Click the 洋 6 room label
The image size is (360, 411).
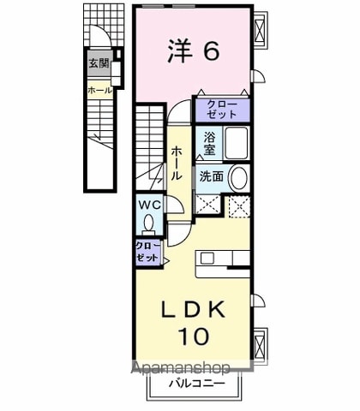point(194,51)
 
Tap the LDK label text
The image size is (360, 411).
point(194,310)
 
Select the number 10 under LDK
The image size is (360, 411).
point(194,336)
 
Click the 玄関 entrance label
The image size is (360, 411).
point(99,63)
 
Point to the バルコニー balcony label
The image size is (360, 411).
point(196,384)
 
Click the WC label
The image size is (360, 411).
point(149,205)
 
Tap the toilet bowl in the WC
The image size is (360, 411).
point(148,224)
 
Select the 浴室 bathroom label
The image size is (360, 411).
point(209,144)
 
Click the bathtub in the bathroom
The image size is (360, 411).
point(236,143)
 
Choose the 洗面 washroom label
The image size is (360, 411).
point(212,176)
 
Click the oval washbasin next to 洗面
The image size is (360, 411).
point(238,178)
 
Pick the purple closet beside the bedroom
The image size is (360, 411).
point(223,110)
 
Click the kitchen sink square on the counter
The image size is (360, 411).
point(206,259)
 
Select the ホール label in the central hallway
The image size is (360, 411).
point(176,164)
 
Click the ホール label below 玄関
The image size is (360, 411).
point(100,91)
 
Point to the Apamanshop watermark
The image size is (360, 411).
point(181,368)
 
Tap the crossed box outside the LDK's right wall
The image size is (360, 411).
point(260,346)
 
